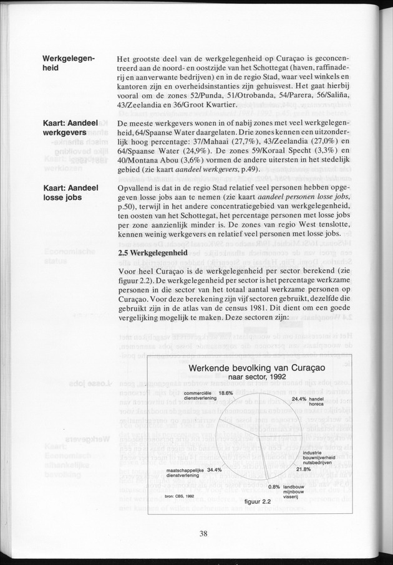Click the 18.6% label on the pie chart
tap(225, 393)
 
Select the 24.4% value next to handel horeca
tap(299, 398)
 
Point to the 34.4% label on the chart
tap(214, 469)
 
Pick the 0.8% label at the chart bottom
tap(274, 487)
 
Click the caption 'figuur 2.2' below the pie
tap(256, 500)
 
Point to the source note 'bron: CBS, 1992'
tap(180, 496)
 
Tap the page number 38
tap(203, 533)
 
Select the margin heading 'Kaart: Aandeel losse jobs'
tap(69, 193)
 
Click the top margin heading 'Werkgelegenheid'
tap(69, 64)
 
